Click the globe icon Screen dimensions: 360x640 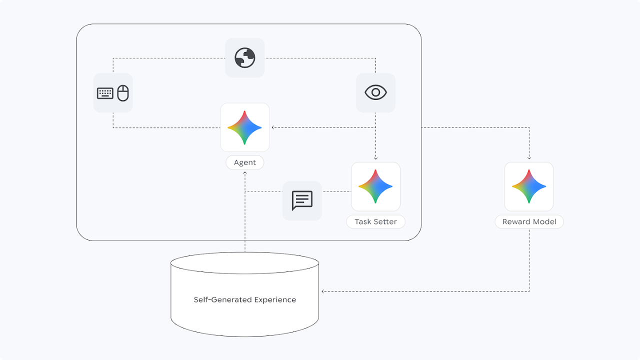(244, 58)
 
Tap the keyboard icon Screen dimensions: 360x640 (105, 93)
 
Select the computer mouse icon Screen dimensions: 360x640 (123, 93)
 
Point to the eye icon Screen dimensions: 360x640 (375, 92)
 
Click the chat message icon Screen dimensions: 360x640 (302, 200)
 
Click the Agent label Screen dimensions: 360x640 (245, 162)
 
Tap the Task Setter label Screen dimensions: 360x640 (375, 221)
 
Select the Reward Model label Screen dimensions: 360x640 (529, 221)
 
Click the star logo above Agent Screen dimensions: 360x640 (244, 127)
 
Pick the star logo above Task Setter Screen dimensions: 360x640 (375, 186)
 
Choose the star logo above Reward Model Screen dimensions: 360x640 (529, 186)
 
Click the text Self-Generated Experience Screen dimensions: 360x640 (245, 300)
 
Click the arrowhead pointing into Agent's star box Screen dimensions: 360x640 (273, 127)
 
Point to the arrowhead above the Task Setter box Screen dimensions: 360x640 (375, 158)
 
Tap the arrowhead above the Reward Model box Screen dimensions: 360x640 (529, 158)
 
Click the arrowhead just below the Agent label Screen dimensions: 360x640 (245, 173)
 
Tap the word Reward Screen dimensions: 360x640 (515, 221)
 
